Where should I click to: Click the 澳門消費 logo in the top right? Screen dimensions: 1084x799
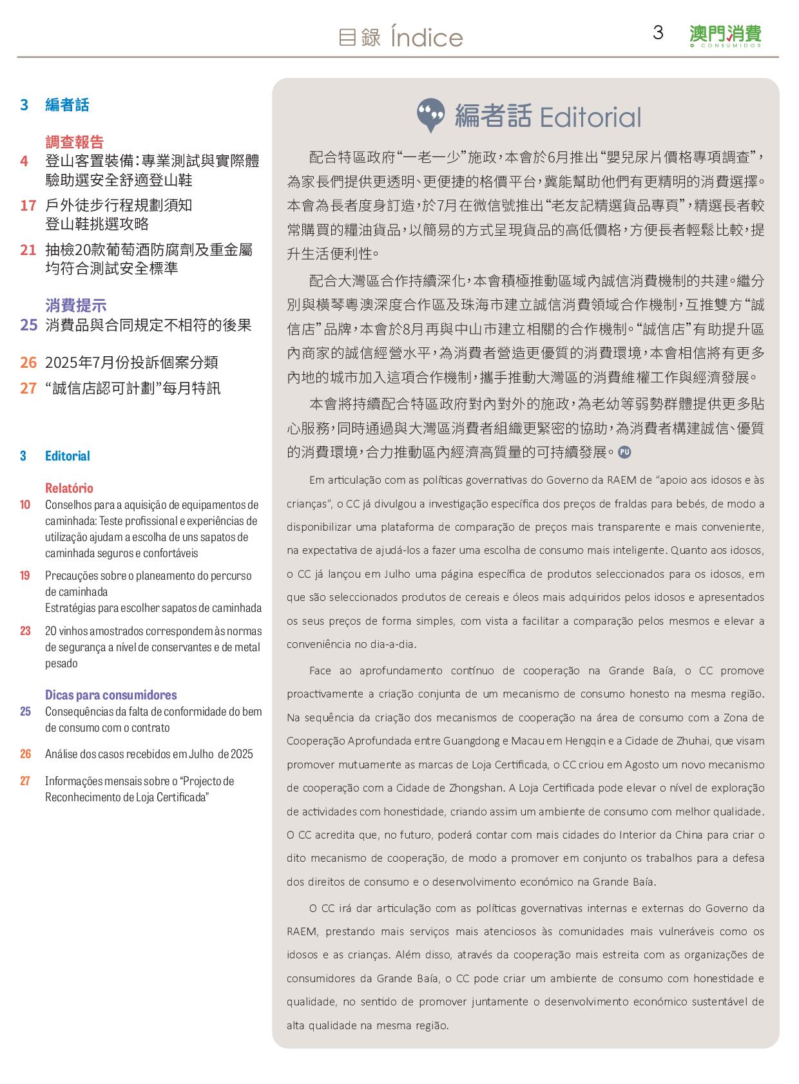coord(725,35)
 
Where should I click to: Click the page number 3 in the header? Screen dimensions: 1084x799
coord(658,33)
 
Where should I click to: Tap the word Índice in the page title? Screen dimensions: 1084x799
coord(427,38)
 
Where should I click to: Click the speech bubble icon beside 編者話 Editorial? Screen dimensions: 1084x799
coord(430,115)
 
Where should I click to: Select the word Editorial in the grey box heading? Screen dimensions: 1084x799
coord(590,117)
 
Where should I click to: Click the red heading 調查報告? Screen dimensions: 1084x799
coord(75,142)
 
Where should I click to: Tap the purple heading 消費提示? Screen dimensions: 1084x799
coord(76,305)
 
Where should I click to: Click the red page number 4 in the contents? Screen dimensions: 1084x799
coord(24,161)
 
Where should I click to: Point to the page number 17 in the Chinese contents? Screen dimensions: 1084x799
coord(28,205)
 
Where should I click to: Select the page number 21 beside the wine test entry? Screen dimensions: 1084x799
coord(28,250)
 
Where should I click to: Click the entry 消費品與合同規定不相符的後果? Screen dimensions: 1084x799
coord(148,325)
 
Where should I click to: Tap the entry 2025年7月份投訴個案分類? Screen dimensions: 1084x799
coord(131,363)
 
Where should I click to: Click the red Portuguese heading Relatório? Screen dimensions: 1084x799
coord(69,488)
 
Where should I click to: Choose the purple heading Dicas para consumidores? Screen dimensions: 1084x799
coord(111,695)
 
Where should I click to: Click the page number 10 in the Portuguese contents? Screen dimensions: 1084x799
coord(25,505)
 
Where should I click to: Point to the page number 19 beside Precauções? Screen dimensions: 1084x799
coord(25,576)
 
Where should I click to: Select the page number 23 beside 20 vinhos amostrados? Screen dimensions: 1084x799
coord(25,631)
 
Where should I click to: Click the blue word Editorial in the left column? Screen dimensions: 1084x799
coord(68,456)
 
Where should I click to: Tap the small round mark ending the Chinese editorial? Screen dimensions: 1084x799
coord(624,452)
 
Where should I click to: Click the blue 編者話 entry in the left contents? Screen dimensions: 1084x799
coord(67,105)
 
